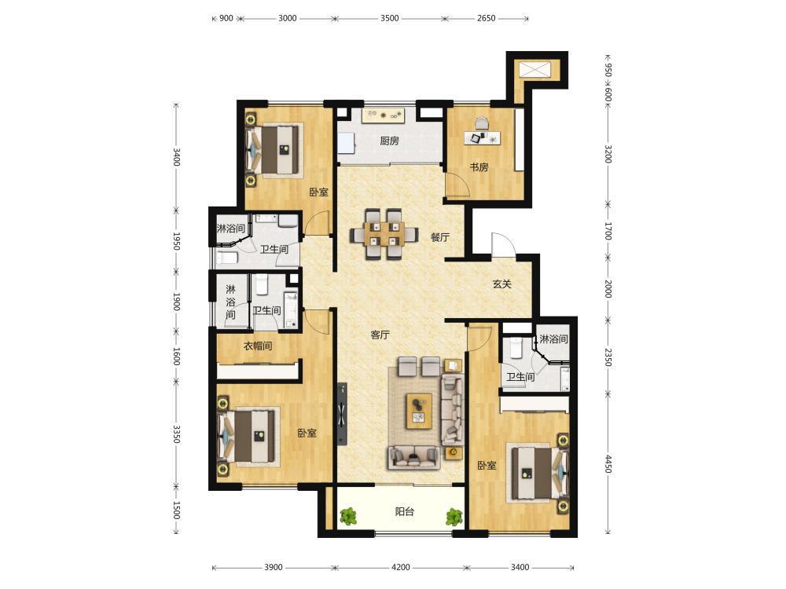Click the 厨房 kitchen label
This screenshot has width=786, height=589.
[x=390, y=141]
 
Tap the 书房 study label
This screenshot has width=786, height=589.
[x=479, y=166]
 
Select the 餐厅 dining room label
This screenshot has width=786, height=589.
[x=440, y=237]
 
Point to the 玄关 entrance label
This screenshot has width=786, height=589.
[x=501, y=284]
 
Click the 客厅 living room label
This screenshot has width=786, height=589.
[x=380, y=335]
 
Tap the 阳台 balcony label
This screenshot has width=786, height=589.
[x=405, y=511]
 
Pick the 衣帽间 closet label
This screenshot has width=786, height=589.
[x=258, y=346]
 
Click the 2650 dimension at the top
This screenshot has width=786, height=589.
[x=487, y=18]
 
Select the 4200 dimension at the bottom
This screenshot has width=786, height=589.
[x=401, y=567]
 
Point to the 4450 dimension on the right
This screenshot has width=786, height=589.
[x=608, y=464]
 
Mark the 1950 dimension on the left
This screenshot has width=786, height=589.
[x=176, y=240]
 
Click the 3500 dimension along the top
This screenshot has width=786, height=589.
[x=390, y=18]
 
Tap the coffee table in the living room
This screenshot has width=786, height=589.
[x=419, y=411]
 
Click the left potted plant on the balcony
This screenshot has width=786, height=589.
[x=347, y=516]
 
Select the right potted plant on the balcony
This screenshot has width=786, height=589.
[x=454, y=517]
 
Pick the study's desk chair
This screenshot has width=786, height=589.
[x=481, y=123]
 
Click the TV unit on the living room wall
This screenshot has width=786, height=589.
[x=343, y=414]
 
